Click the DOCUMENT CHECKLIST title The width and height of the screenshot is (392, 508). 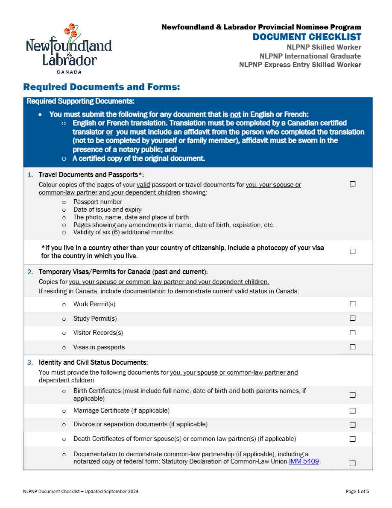click(307, 37)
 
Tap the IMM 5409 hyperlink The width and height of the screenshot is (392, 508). click(304, 461)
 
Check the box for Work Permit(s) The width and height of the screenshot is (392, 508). click(353, 304)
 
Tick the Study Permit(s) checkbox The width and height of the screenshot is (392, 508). click(353, 318)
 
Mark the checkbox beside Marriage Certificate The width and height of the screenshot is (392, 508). click(353, 411)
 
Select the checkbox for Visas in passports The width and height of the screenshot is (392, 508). click(353, 347)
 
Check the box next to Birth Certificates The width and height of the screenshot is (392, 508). click(353, 395)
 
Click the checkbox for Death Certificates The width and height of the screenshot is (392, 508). click(353, 439)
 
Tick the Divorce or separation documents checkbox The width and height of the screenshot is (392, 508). click(353, 425)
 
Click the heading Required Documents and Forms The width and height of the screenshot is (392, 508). click(102, 87)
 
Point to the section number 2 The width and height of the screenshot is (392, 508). click(30, 272)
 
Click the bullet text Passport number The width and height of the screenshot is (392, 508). click(98, 202)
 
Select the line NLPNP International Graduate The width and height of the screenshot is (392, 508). click(310, 56)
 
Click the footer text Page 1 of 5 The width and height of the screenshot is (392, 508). click(357, 491)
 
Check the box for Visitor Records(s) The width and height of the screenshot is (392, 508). click(353, 332)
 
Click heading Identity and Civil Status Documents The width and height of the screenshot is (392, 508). click(93, 363)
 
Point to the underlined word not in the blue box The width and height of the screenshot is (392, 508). click(235, 114)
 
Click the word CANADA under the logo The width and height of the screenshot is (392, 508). click(69, 72)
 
